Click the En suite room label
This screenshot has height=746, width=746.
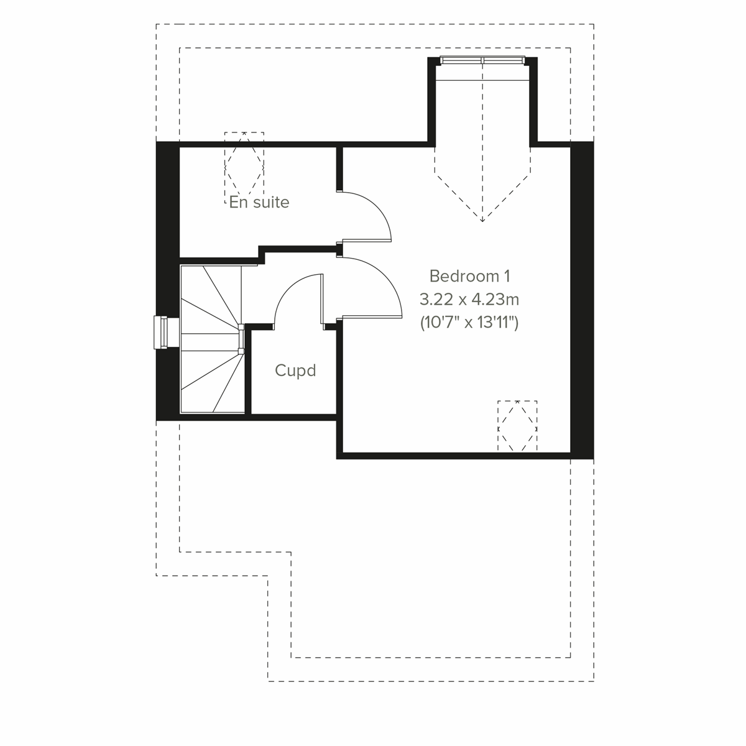tap(259, 202)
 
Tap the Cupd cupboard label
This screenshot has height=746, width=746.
tap(295, 371)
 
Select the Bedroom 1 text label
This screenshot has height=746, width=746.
tap(473, 276)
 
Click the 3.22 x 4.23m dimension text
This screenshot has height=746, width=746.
tap(469, 300)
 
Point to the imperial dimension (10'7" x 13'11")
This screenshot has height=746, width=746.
tap(469, 323)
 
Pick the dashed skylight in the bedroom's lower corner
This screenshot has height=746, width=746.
tap(517, 426)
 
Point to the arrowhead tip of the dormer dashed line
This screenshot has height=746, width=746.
tap(482, 220)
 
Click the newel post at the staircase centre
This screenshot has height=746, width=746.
tap(241, 339)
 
